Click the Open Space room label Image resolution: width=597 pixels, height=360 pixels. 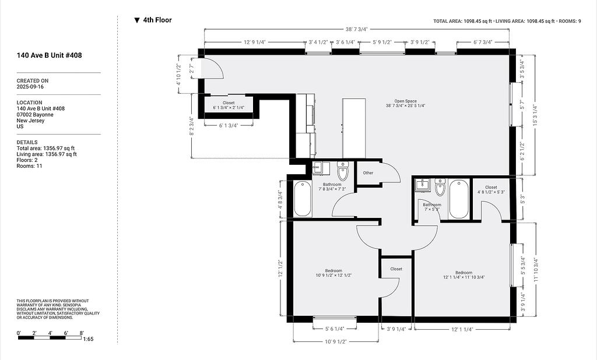coord(405,104)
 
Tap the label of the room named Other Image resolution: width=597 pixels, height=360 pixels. coord(368,173)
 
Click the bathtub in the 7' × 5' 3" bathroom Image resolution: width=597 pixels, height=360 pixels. coord(459,199)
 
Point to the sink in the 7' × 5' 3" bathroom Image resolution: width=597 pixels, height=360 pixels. coord(422,185)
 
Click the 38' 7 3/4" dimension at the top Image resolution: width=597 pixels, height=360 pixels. coord(357,29)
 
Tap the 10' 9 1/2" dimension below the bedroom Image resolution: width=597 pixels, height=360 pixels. coord(335,341)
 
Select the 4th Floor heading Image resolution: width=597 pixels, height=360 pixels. coord(157,20)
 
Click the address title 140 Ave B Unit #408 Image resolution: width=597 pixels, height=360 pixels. coord(49,55)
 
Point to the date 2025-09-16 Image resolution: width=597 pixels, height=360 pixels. coord(30,87)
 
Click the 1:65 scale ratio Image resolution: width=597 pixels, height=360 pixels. coord(88,339)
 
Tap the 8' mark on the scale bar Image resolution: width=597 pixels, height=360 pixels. coord(82,333)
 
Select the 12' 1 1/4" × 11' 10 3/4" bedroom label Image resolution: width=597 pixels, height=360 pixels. coord(463,275)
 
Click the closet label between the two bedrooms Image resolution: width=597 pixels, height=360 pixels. coord(396,269)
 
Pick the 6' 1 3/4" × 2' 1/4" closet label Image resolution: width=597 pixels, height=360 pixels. coord(229,105)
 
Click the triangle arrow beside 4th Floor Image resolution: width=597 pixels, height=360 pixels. coord(137,20)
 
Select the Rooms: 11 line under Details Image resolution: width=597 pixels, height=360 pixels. coord(29,166)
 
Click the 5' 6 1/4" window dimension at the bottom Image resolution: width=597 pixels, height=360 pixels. coord(335,329)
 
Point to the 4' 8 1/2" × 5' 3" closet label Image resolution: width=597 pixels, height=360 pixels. coord(491,190)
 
